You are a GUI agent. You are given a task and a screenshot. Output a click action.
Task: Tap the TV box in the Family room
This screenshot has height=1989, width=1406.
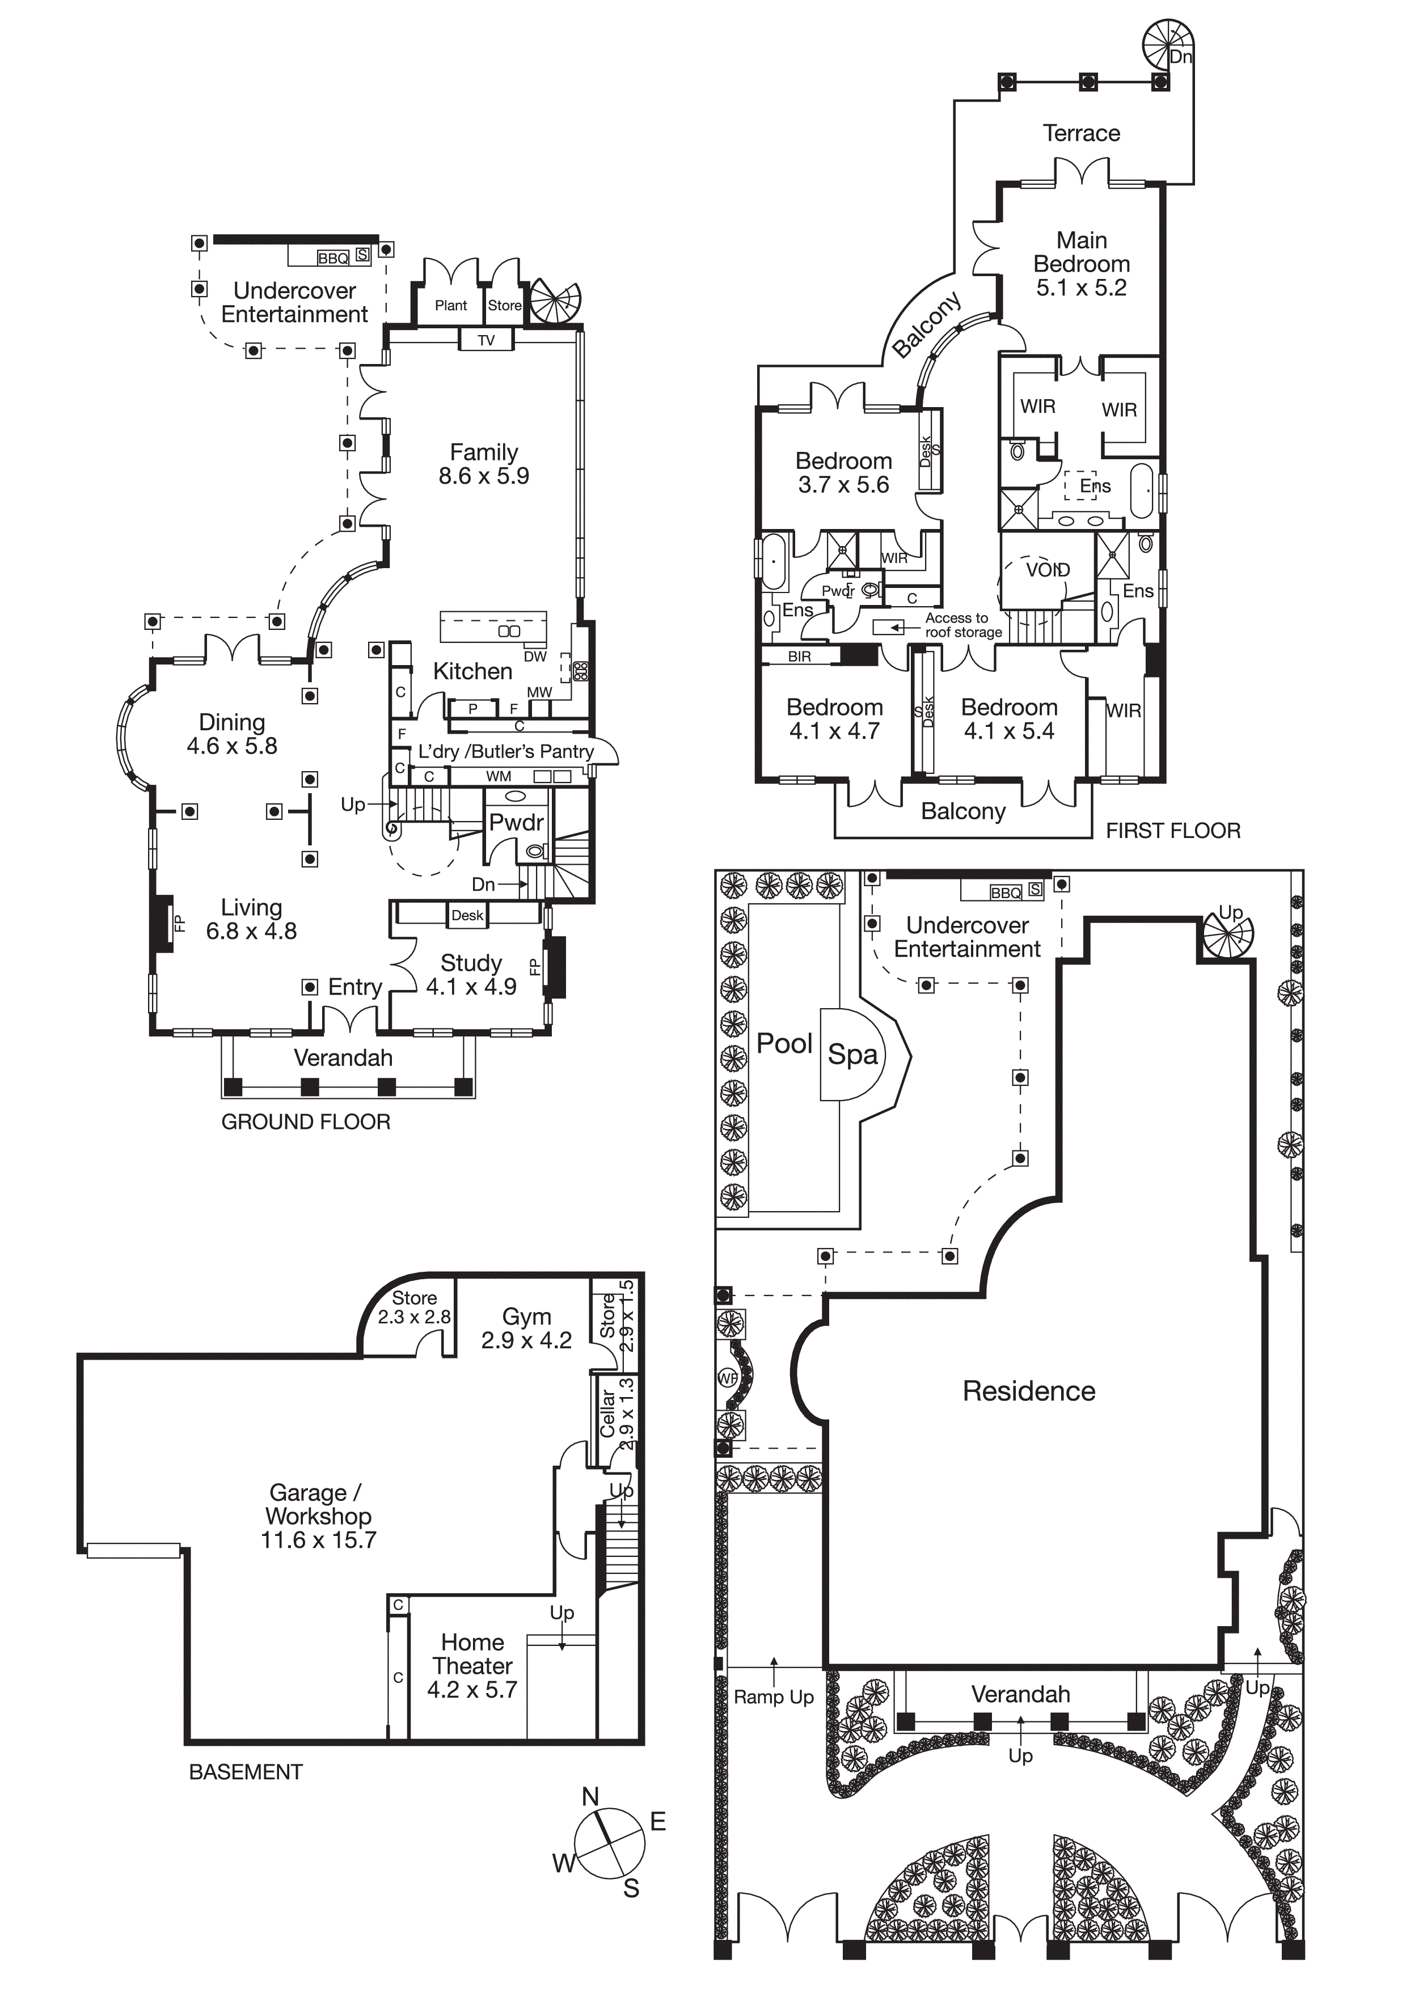pyautogui.click(x=486, y=340)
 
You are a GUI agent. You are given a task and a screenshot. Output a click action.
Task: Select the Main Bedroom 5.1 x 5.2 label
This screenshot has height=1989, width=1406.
pyautogui.click(x=1081, y=264)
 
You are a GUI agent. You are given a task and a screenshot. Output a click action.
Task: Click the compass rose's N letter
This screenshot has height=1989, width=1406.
pyautogui.click(x=590, y=1797)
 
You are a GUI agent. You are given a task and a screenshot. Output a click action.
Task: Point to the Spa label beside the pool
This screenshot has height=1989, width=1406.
pyautogui.click(x=852, y=1054)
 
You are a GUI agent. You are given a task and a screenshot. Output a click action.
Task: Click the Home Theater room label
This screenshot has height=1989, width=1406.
pyautogui.click(x=472, y=1666)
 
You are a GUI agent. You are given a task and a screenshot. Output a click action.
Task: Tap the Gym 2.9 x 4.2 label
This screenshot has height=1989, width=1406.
pyautogui.click(x=526, y=1328)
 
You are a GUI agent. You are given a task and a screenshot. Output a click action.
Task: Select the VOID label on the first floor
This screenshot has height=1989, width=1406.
pyautogui.click(x=1048, y=570)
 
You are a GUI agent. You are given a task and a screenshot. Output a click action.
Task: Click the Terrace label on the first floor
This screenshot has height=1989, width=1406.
pyautogui.click(x=1081, y=133)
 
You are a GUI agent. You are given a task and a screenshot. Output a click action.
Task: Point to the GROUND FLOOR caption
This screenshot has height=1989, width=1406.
pyautogui.click(x=306, y=1122)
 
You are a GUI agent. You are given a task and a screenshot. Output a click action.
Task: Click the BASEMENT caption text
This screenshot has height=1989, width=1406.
pyautogui.click(x=246, y=1772)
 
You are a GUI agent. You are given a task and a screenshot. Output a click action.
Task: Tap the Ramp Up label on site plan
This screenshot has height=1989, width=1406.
pyautogui.click(x=774, y=1697)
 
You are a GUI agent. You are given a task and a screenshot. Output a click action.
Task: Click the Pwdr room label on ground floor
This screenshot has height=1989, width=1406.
pyautogui.click(x=516, y=822)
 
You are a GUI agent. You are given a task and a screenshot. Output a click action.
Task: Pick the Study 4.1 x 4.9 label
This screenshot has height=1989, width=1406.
pyautogui.click(x=471, y=975)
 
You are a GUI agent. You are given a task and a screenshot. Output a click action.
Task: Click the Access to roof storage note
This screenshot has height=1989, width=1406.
pyautogui.click(x=961, y=625)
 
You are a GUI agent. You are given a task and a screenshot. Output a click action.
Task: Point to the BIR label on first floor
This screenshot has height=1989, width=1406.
pyautogui.click(x=800, y=657)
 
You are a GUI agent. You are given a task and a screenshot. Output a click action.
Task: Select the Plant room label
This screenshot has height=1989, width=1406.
pyautogui.click(x=450, y=306)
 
